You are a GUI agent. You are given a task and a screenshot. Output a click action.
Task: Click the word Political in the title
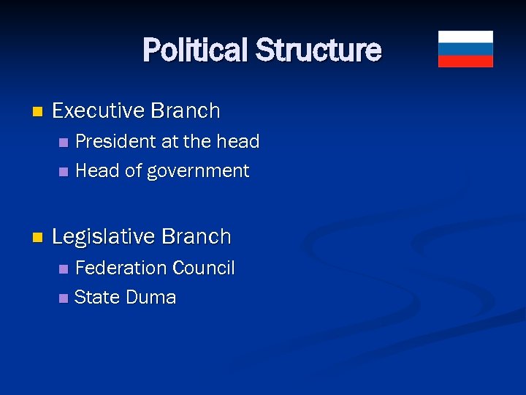click(x=196, y=50)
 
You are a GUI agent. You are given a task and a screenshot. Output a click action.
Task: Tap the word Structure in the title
click(x=318, y=50)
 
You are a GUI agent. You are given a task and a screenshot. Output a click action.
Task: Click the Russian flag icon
click(x=465, y=49)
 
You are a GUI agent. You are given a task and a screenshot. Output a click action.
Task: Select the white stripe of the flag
click(x=465, y=37)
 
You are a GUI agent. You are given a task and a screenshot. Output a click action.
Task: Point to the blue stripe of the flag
click(x=465, y=49)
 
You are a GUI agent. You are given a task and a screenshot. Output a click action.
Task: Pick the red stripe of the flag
click(x=465, y=61)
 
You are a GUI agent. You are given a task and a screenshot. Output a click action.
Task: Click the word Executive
click(x=99, y=111)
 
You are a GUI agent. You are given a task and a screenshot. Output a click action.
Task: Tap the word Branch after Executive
click(x=186, y=111)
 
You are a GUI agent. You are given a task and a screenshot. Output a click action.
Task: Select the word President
click(x=115, y=140)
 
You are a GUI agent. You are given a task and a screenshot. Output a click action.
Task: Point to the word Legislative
click(x=104, y=237)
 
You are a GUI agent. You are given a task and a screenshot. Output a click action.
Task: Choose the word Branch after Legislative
click(x=197, y=237)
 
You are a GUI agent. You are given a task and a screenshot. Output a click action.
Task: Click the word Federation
click(x=119, y=268)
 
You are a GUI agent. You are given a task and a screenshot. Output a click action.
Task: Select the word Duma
click(x=151, y=298)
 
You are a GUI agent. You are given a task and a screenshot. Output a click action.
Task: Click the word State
click(x=97, y=298)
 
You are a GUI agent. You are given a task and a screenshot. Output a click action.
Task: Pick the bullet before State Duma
click(x=63, y=298)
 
